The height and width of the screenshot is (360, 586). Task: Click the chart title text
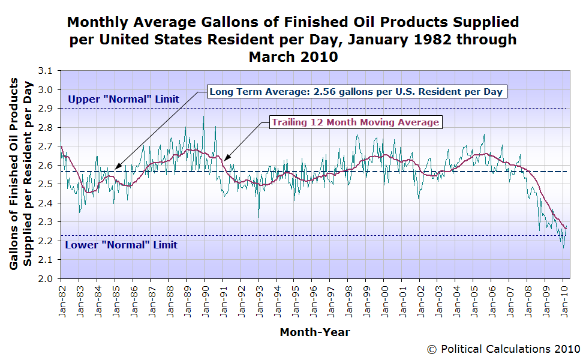293,40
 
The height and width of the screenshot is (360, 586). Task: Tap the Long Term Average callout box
357,91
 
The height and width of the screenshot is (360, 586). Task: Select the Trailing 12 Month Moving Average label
356,122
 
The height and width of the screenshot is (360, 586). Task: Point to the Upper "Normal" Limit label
124,99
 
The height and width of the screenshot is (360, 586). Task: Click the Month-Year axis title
315,332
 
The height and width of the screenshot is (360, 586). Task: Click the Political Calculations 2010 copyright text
503,349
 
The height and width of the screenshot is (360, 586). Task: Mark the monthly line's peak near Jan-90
204,116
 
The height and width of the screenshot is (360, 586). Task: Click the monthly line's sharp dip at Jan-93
259,217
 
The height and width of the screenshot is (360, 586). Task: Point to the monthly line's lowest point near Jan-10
563,248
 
